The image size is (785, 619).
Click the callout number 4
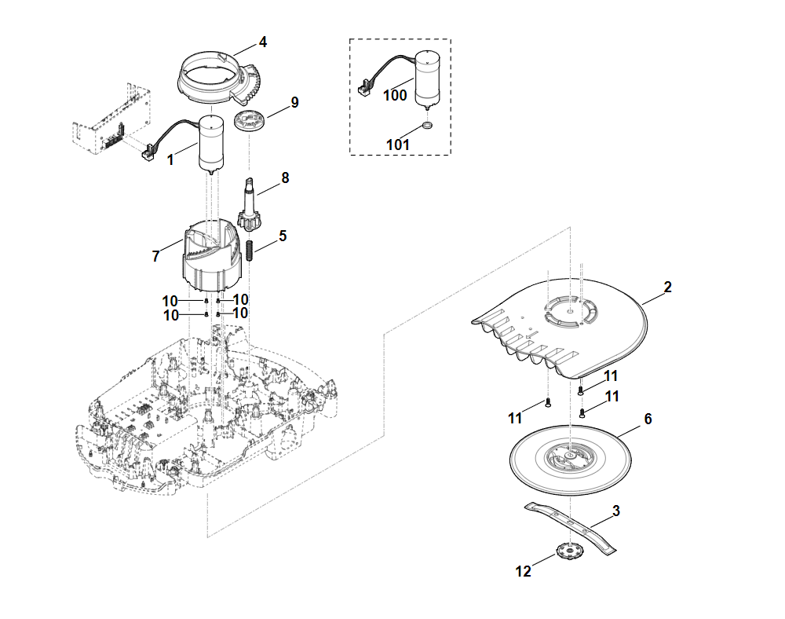point(263,42)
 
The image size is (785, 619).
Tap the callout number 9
point(294,102)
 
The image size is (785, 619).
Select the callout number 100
point(395,95)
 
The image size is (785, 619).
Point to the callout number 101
point(398,145)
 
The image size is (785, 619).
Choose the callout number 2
point(667,287)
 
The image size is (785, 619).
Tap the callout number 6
point(648,419)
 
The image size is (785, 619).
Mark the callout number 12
point(524,571)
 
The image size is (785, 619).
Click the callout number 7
point(155,256)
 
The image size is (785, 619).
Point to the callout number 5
point(283,235)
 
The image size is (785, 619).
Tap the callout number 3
point(616,511)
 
